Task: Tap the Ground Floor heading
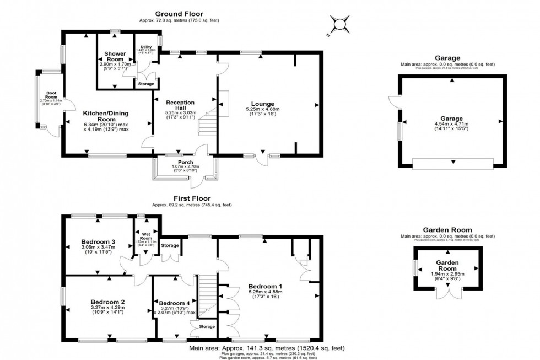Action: [179, 13]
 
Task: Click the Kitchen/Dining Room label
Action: [106, 116]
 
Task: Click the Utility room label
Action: [146, 47]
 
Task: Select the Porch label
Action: [185, 162]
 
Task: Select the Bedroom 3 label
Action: [98, 242]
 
